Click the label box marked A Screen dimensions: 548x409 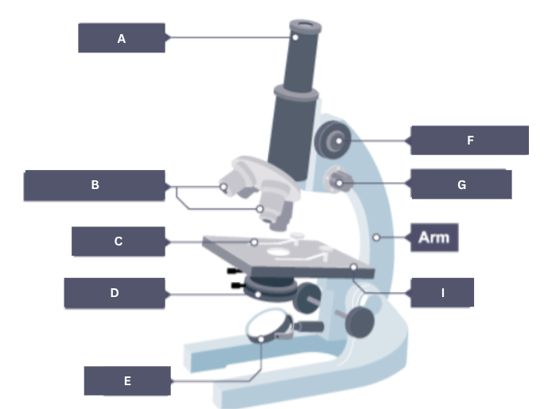click(121, 37)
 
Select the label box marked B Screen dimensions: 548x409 click(95, 185)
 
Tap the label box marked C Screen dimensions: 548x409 click(118, 241)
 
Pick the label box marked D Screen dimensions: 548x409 click(115, 292)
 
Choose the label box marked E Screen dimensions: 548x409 click(127, 380)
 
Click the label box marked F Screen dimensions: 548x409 click(469, 140)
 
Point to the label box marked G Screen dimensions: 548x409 click(461, 184)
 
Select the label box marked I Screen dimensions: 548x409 click(442, 292)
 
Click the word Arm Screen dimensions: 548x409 click(434, 238)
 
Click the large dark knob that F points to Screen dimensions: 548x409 click(333, 141)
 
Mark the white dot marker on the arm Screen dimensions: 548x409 click(374, 237)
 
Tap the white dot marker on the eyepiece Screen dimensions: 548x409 click(294, 36)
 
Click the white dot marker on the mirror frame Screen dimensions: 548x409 click(261, 339)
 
